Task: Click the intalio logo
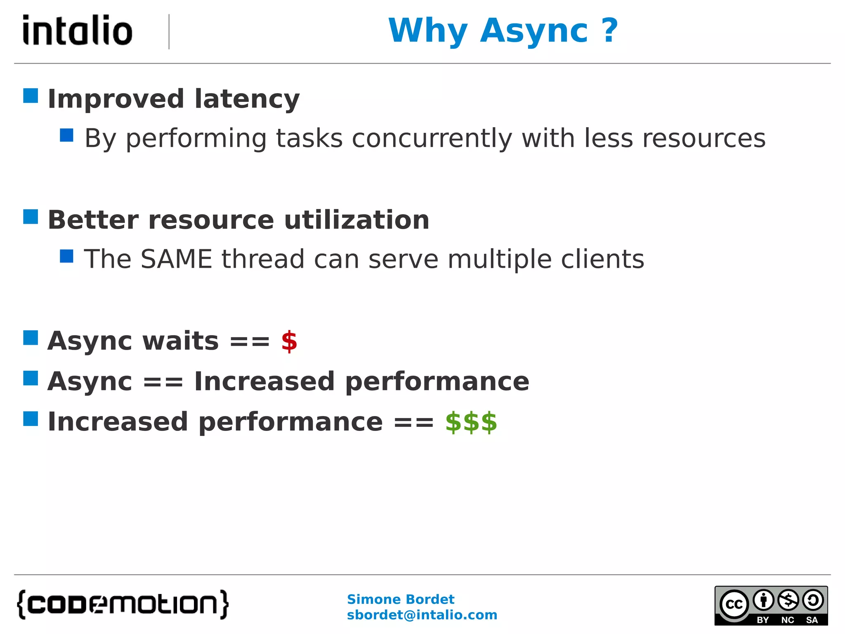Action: (78, 31)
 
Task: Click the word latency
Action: (247, 99)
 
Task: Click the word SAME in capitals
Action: (176, 259)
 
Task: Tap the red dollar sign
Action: (289, 341)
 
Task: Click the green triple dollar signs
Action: (471, 422)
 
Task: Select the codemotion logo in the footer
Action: (123, 604)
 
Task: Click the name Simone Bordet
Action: (400, 599)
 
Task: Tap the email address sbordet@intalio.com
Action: (422, 615)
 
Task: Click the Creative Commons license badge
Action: (771, 606)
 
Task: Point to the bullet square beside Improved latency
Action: (31, 96)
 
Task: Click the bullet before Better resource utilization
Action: (31, 217)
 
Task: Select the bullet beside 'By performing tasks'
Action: (66, 135)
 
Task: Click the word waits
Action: (180, 341)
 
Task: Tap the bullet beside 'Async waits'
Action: (31, 338)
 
